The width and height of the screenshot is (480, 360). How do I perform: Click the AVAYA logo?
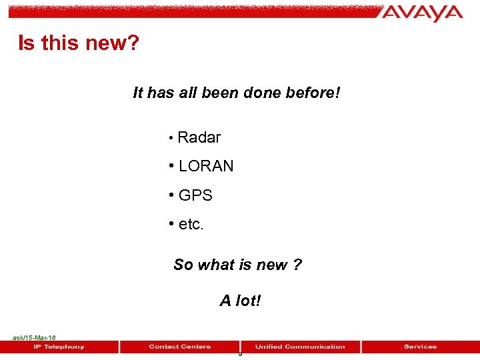click(x=423, y=13)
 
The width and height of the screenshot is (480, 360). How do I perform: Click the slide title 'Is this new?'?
click(x=79, y=44)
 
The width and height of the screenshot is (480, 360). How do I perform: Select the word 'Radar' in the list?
click(x=199, y=138)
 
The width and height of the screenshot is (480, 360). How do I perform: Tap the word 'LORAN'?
click(x=206, y=167)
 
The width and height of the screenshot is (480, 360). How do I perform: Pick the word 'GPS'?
click(x=195, y=196)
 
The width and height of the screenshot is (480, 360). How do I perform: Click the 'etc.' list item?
click(x=191, y=225)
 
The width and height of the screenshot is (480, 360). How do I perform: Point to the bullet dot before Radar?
click(x=171, y=138)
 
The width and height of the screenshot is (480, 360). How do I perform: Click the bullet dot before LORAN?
click(x=172, y=166)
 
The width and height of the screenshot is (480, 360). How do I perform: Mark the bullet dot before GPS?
click(x=172, y=195)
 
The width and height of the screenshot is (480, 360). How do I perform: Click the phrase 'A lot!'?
click(x=241, y=301)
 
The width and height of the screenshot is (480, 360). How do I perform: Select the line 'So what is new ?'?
click(x=237, y=265)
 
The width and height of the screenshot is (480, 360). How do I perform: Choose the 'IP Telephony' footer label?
click(x=59, y=347)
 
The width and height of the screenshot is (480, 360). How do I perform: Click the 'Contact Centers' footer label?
click(x=180, y=347)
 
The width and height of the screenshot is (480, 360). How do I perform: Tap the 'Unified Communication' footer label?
click(x=300, y=347)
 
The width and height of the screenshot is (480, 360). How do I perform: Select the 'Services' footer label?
click(x=420, y=347)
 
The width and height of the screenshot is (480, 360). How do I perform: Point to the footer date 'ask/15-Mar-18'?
click(x=34, y=338)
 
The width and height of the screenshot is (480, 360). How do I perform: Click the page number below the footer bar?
click(x=240, y=354)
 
